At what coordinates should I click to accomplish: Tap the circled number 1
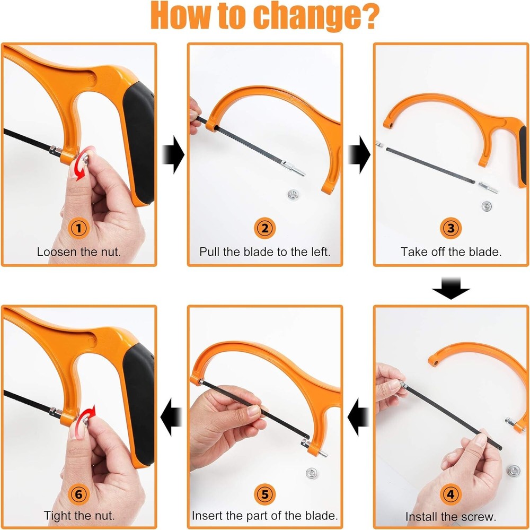[x=79, y=228]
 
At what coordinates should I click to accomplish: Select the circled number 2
[x=264, y=228]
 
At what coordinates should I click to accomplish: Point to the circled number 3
[x=450, y=228]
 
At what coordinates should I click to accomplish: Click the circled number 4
[x=450, y=494]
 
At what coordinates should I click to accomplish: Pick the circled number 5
[x=264, y=494]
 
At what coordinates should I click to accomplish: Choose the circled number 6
[x=79, y=494]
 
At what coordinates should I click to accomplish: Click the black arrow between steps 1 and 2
[x=173, y=155]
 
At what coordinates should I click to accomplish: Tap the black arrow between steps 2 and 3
[x=359, y=155]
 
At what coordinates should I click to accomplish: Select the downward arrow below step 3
[x=451, y=289]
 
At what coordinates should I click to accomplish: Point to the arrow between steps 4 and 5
[x=358, y=417]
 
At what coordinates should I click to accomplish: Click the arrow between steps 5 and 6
[x=171, y=417]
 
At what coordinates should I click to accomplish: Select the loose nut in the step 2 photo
[x=293, y=195]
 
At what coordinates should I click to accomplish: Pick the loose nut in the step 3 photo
[x=487, y=205]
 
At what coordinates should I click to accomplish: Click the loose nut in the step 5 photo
[x=311, y=473]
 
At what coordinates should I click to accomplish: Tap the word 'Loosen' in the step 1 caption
[x=57, y=252]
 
